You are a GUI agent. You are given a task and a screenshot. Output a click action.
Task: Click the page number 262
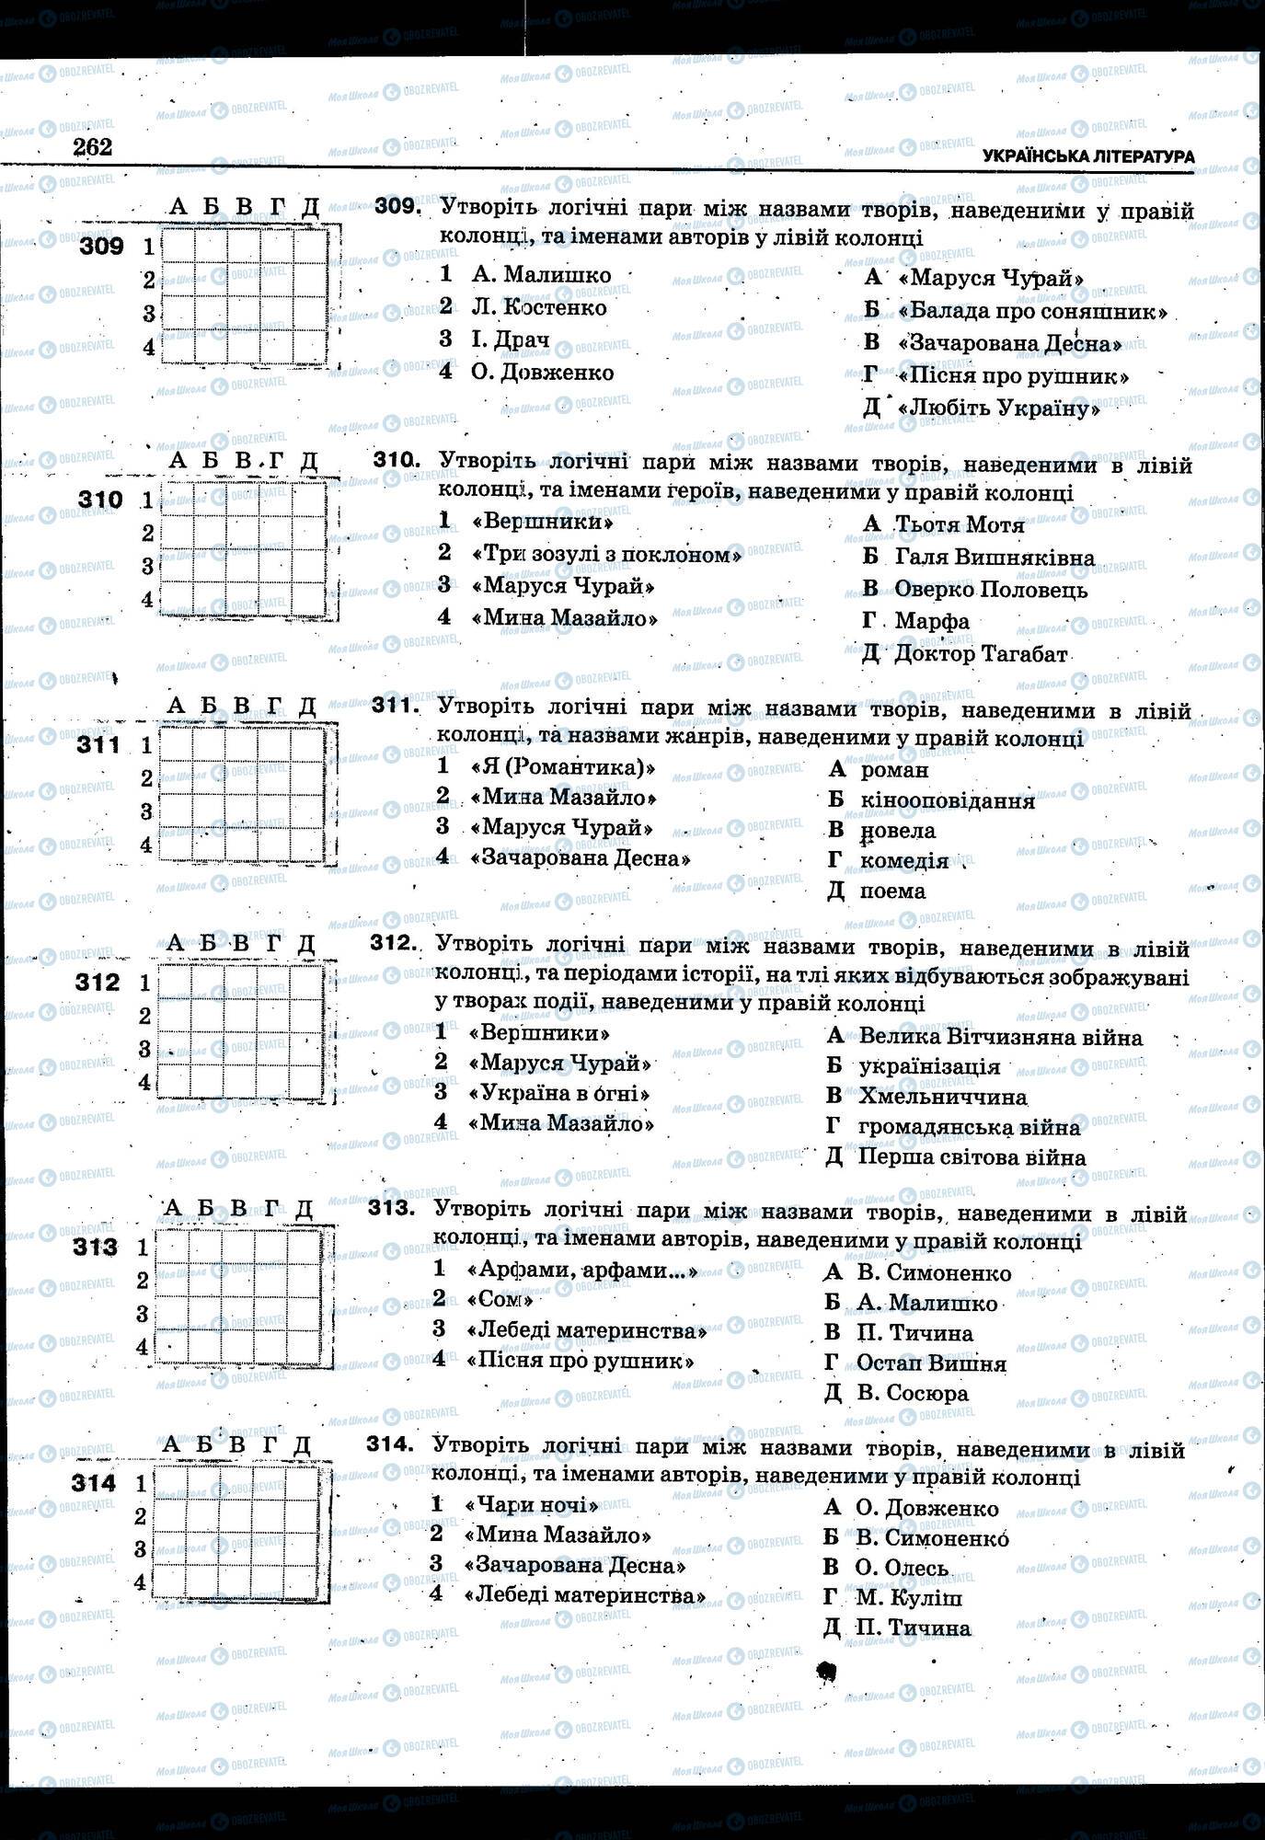92,146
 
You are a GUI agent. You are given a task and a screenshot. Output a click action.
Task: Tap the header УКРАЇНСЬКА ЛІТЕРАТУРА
1087,156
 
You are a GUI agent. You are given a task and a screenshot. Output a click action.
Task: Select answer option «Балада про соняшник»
1031,311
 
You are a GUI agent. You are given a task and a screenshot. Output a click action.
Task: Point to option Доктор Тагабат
980,654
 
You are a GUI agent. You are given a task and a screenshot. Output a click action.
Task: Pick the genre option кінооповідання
947,800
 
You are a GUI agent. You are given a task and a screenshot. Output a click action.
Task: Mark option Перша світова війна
971,1157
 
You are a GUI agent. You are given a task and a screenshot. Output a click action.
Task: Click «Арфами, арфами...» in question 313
582,1271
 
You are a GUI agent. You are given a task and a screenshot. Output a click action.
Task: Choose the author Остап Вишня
930,1363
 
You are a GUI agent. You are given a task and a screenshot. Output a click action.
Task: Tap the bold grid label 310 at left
100,500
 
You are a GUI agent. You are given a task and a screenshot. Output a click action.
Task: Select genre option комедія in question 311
903,861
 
